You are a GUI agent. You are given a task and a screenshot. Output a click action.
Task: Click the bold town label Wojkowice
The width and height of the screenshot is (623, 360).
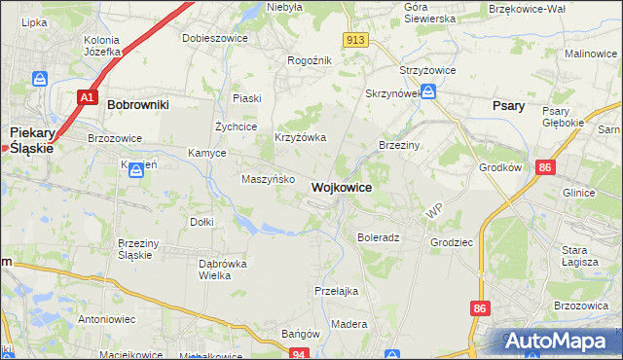click(341, 187)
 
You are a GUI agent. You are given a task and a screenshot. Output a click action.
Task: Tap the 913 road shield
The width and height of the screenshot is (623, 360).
click(356, 39)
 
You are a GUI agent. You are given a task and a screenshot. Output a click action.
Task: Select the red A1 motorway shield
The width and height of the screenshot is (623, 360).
click(88, 97)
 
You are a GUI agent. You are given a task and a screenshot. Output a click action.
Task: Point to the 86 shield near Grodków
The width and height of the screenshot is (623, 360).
click(545, 168)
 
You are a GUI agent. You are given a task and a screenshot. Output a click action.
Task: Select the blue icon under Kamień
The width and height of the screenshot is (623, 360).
click(136, 170)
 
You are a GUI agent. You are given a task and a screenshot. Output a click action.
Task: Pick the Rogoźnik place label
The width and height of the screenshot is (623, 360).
click(311, 60)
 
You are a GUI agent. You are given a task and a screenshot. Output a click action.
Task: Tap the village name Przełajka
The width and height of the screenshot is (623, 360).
click(337, 291)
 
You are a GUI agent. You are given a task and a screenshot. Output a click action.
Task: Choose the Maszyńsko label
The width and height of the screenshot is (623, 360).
click(262, 179)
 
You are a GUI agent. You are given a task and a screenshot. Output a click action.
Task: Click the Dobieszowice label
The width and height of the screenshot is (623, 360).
click(215, 38)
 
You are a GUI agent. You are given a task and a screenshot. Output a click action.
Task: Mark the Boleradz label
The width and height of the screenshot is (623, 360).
click(379, 237)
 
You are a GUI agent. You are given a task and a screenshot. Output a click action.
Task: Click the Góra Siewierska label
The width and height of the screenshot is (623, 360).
click(429, 13)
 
